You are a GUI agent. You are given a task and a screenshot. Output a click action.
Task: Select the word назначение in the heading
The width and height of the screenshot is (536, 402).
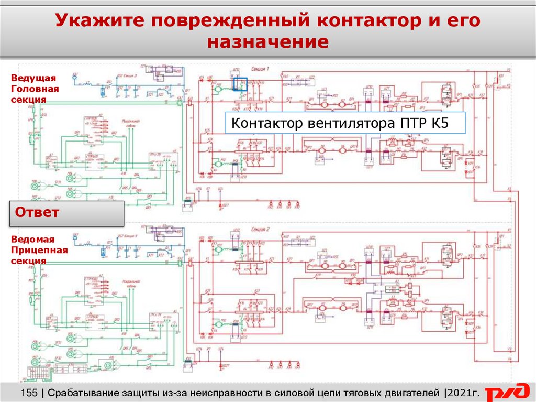(x=267, y=42)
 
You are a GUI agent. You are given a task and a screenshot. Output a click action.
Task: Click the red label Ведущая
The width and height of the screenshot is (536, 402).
(x=33, y=78)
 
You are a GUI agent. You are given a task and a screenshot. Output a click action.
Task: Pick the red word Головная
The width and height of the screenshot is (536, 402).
(x=35, y=89)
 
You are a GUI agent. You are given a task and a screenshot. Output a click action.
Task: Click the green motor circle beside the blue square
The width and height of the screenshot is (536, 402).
(x=217, y=89)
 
